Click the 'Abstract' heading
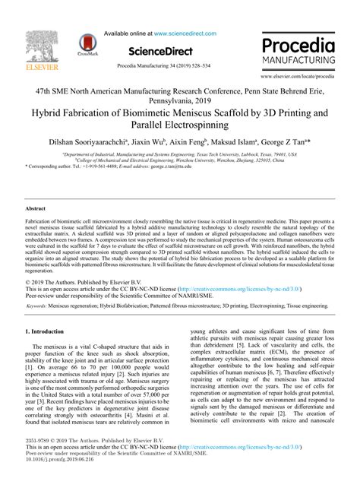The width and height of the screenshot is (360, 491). click(x=36, y=207)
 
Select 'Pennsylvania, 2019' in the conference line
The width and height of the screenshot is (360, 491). click(x=179, y=99)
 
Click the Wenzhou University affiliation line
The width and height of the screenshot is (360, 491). click(x=179, y=159)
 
